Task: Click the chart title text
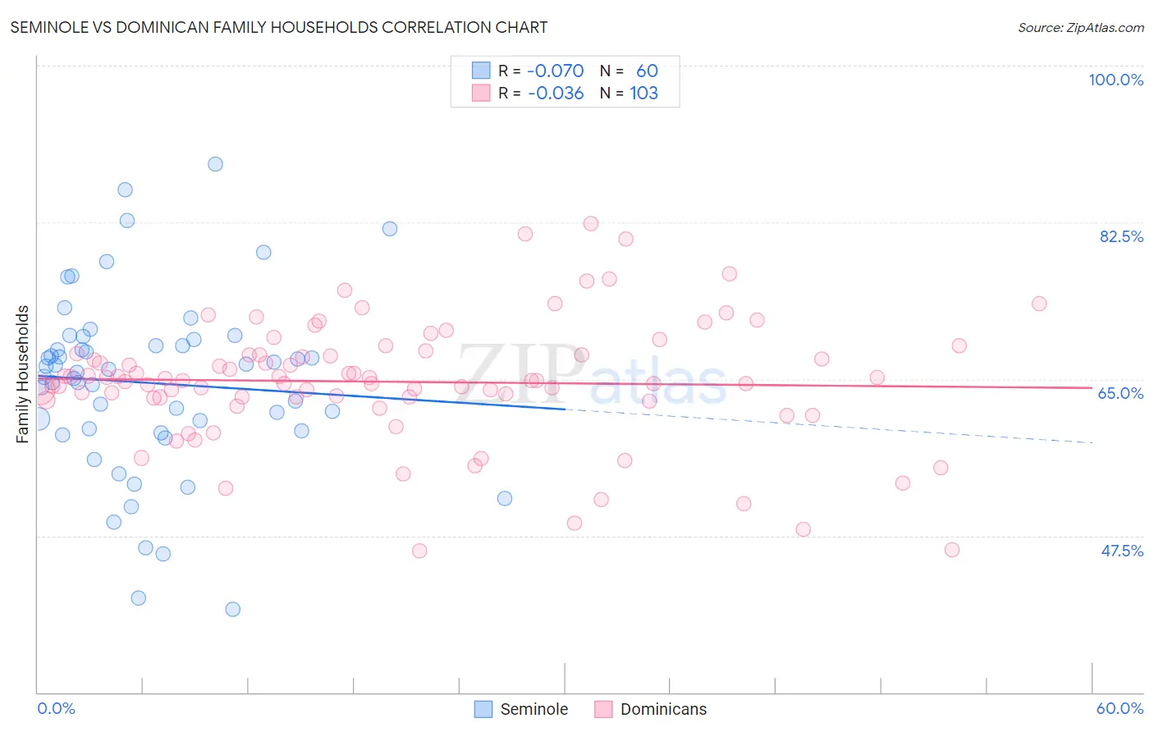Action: [x=279, y=27]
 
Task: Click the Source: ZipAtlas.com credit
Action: [x=1080, y=27]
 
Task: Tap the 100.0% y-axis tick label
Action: [x=1115, y=80]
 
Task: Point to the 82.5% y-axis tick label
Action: [x=1121, y=236]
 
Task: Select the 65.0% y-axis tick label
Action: [x=1120, y=393]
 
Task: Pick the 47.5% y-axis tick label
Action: [x=1121, y=551]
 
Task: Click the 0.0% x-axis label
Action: [x=56, y=708]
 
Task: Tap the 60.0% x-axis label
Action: [x=1120, y=708]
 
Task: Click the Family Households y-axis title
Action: [x=23, y=374]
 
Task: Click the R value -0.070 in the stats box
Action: [x=556, y=71]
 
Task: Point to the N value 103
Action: [x=643, y=94]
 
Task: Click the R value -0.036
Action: [x=556, y=94]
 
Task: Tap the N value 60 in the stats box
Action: [x=647, y=71]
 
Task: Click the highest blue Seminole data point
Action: [x=215, y=164]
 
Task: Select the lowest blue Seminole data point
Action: [x=232, y=609]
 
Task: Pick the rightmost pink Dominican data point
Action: [x=1039, y=304]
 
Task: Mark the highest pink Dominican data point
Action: [x=590, y=223]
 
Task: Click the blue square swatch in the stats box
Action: [x=481, y=71]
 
